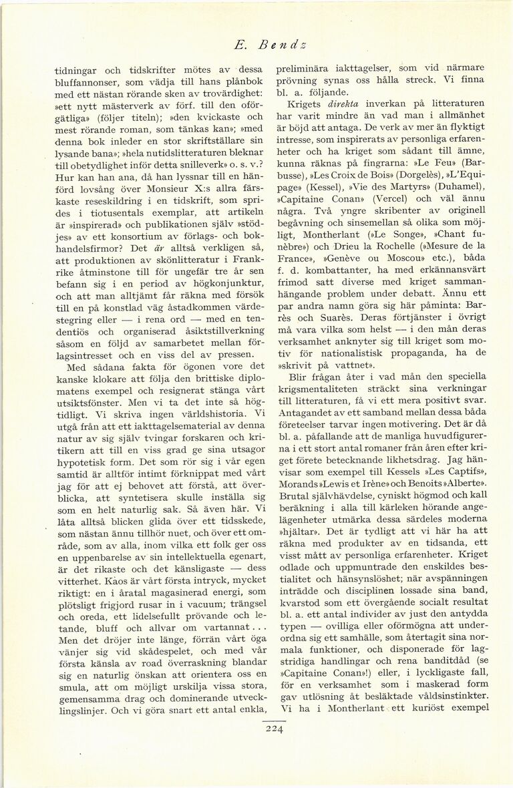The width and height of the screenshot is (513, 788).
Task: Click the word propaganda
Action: tap(417, 354)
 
